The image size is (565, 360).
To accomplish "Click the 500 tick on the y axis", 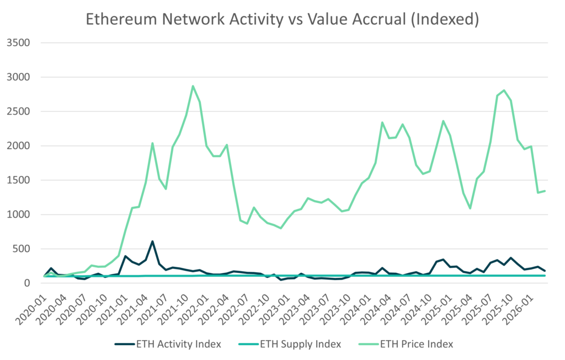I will pos(20,249).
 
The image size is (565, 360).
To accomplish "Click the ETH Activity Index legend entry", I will pos(168,344).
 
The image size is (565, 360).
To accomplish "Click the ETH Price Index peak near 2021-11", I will pos(193,85).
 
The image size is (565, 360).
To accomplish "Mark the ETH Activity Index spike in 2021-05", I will pos(152,241).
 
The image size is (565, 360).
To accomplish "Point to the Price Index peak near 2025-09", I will pos(504,90).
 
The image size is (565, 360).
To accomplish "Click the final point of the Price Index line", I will pos(545,191).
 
